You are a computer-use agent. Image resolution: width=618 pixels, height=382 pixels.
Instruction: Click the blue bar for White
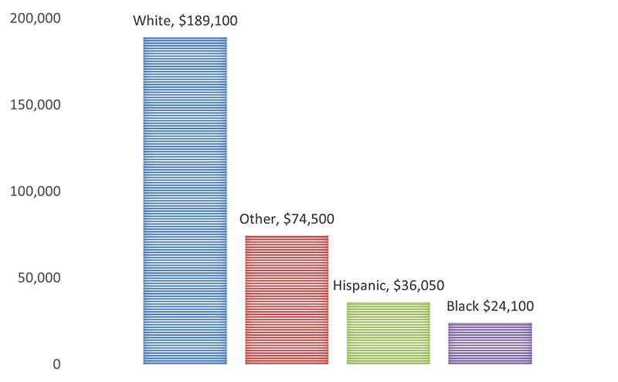[x=185, y=201]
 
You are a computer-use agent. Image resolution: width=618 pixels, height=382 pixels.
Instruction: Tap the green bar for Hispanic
[x=389, y=333]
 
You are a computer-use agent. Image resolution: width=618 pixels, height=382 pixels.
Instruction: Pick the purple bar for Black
[x=490, y=343]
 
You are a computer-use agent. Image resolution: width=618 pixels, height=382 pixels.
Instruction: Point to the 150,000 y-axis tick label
[x=35, y=105]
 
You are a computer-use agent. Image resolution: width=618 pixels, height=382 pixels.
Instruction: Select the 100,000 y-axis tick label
[x=35, y=191]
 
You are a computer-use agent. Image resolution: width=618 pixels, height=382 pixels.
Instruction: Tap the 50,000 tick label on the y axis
[x=39, y=278]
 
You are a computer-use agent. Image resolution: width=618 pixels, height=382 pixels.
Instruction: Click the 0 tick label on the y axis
[x=56, y=364]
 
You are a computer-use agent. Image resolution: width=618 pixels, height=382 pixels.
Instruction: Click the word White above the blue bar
[x=152, y=21]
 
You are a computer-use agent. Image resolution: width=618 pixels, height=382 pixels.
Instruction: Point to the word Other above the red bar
[x=258, y=219]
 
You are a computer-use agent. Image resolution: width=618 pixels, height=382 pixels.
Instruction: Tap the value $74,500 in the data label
[x=309, y=219]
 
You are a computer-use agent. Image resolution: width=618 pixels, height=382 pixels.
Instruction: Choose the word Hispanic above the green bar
[x=361, y=286]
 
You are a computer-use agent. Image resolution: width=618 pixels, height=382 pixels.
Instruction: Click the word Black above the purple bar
[x=463, y=306]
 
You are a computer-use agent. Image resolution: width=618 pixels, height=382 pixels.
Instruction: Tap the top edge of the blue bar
[x=185, y=38]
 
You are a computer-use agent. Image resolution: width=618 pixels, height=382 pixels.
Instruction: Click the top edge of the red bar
[x=287, y=236]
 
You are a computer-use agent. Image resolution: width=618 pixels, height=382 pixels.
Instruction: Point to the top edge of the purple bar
[x=490, y=323]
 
